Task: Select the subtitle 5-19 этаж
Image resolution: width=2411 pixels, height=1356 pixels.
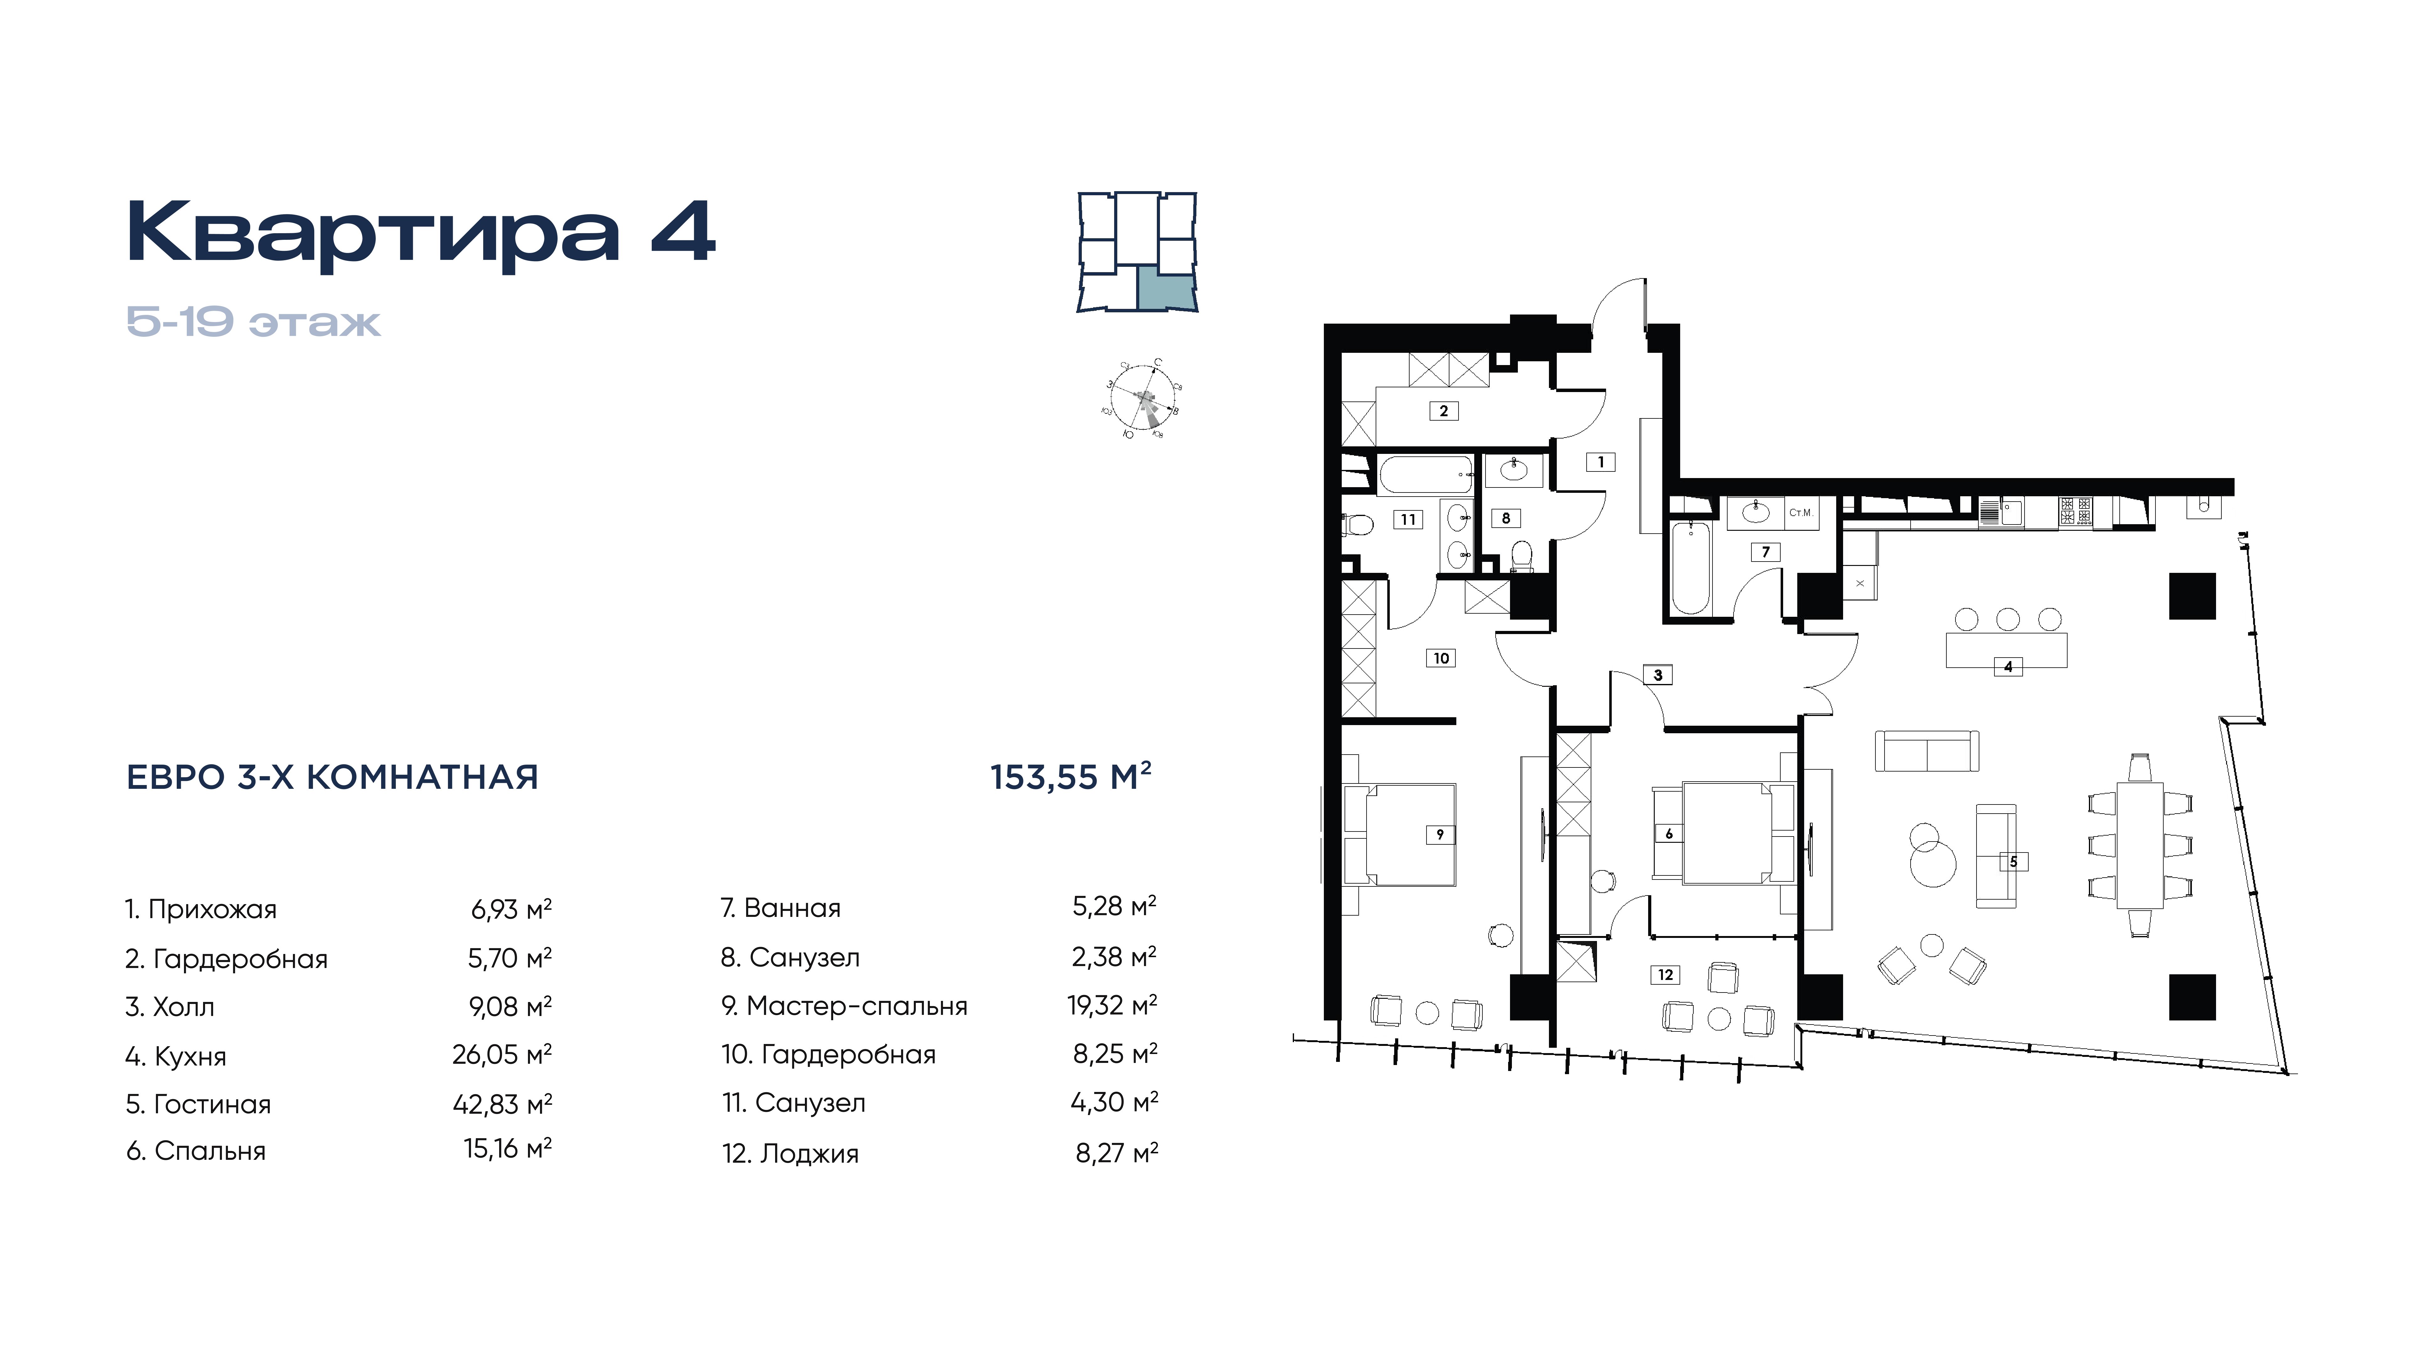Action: coord(254,322)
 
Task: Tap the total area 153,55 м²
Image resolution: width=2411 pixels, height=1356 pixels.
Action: coord(1071,776)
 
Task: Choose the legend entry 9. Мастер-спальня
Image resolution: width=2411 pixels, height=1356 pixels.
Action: coord(844,1006)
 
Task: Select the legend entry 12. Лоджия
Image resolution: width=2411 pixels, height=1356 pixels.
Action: coord(790,1153)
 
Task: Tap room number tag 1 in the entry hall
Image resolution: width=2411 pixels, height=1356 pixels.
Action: coord(1600,461)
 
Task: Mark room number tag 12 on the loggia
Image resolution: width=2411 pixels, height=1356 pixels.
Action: coord(1665,975)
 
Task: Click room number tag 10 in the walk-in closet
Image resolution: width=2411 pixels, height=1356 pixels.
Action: coord(1441,658)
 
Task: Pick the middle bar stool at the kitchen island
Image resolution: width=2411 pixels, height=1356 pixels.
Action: coord(2008,619)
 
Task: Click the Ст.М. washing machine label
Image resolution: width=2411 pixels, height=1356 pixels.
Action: coord(1801,513)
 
